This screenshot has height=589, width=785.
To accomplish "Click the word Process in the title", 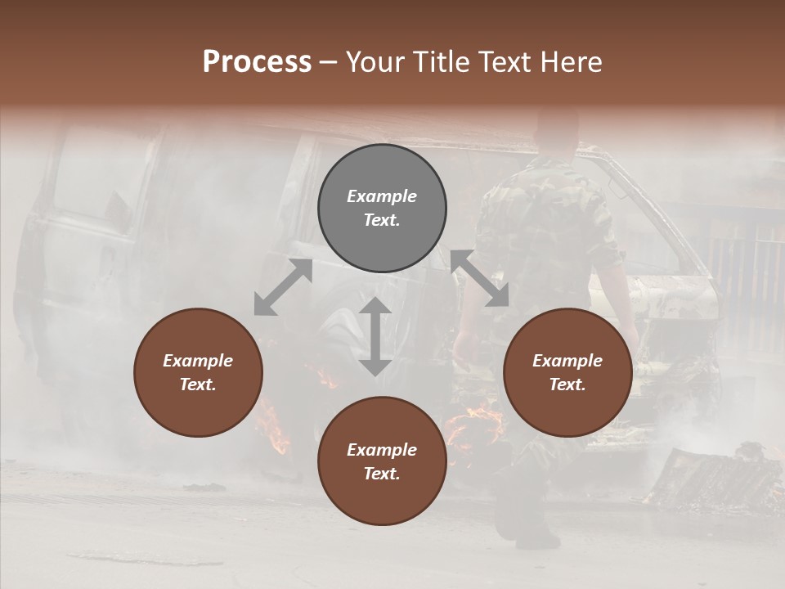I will [x=257, y=61].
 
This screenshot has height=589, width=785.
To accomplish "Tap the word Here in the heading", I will [x=572, y=61].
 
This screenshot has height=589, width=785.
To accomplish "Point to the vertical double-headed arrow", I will [x=375, y=336].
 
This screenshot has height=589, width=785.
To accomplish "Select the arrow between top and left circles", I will [x=283, y=287].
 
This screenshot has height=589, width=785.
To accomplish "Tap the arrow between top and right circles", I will [x=479, y=278].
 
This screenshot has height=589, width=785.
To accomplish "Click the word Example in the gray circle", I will [x=382, y=196].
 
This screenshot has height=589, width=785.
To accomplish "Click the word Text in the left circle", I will [x=197, y=385].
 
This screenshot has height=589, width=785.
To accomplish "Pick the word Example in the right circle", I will [x=567, y=361].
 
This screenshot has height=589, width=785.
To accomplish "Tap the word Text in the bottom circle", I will [x=381, y=474].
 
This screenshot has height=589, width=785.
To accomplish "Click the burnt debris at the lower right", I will [x=711, y=479].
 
